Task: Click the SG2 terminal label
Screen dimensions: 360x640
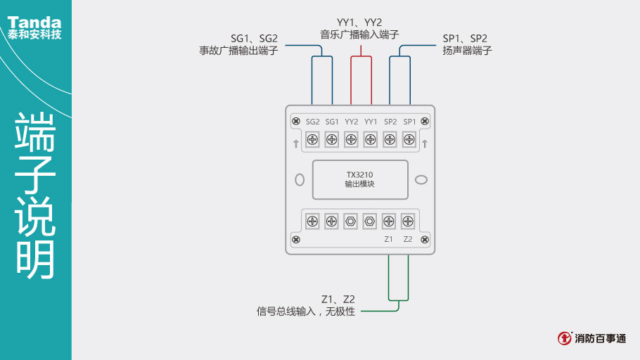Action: [313, 122]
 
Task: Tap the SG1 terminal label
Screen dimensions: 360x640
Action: [332, 122]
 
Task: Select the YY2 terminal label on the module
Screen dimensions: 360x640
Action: [352, 122]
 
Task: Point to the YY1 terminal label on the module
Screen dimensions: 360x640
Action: [371, 122]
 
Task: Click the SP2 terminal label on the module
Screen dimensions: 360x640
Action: [390, 122]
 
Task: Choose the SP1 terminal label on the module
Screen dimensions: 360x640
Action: [409, 122]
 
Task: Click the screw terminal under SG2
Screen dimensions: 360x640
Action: [313, 140]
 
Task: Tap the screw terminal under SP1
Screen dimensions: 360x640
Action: [409, 140]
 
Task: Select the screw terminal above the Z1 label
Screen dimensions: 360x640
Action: [388, 221]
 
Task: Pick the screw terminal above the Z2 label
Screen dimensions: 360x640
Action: [407, 221]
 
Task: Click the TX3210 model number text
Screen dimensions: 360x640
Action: [359, 174]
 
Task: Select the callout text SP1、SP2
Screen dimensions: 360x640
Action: [465, 38]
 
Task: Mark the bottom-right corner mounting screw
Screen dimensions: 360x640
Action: [425, 240]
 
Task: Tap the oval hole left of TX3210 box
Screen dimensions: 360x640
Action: [300, 179]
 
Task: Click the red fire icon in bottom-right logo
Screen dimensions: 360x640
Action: [565, 338]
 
